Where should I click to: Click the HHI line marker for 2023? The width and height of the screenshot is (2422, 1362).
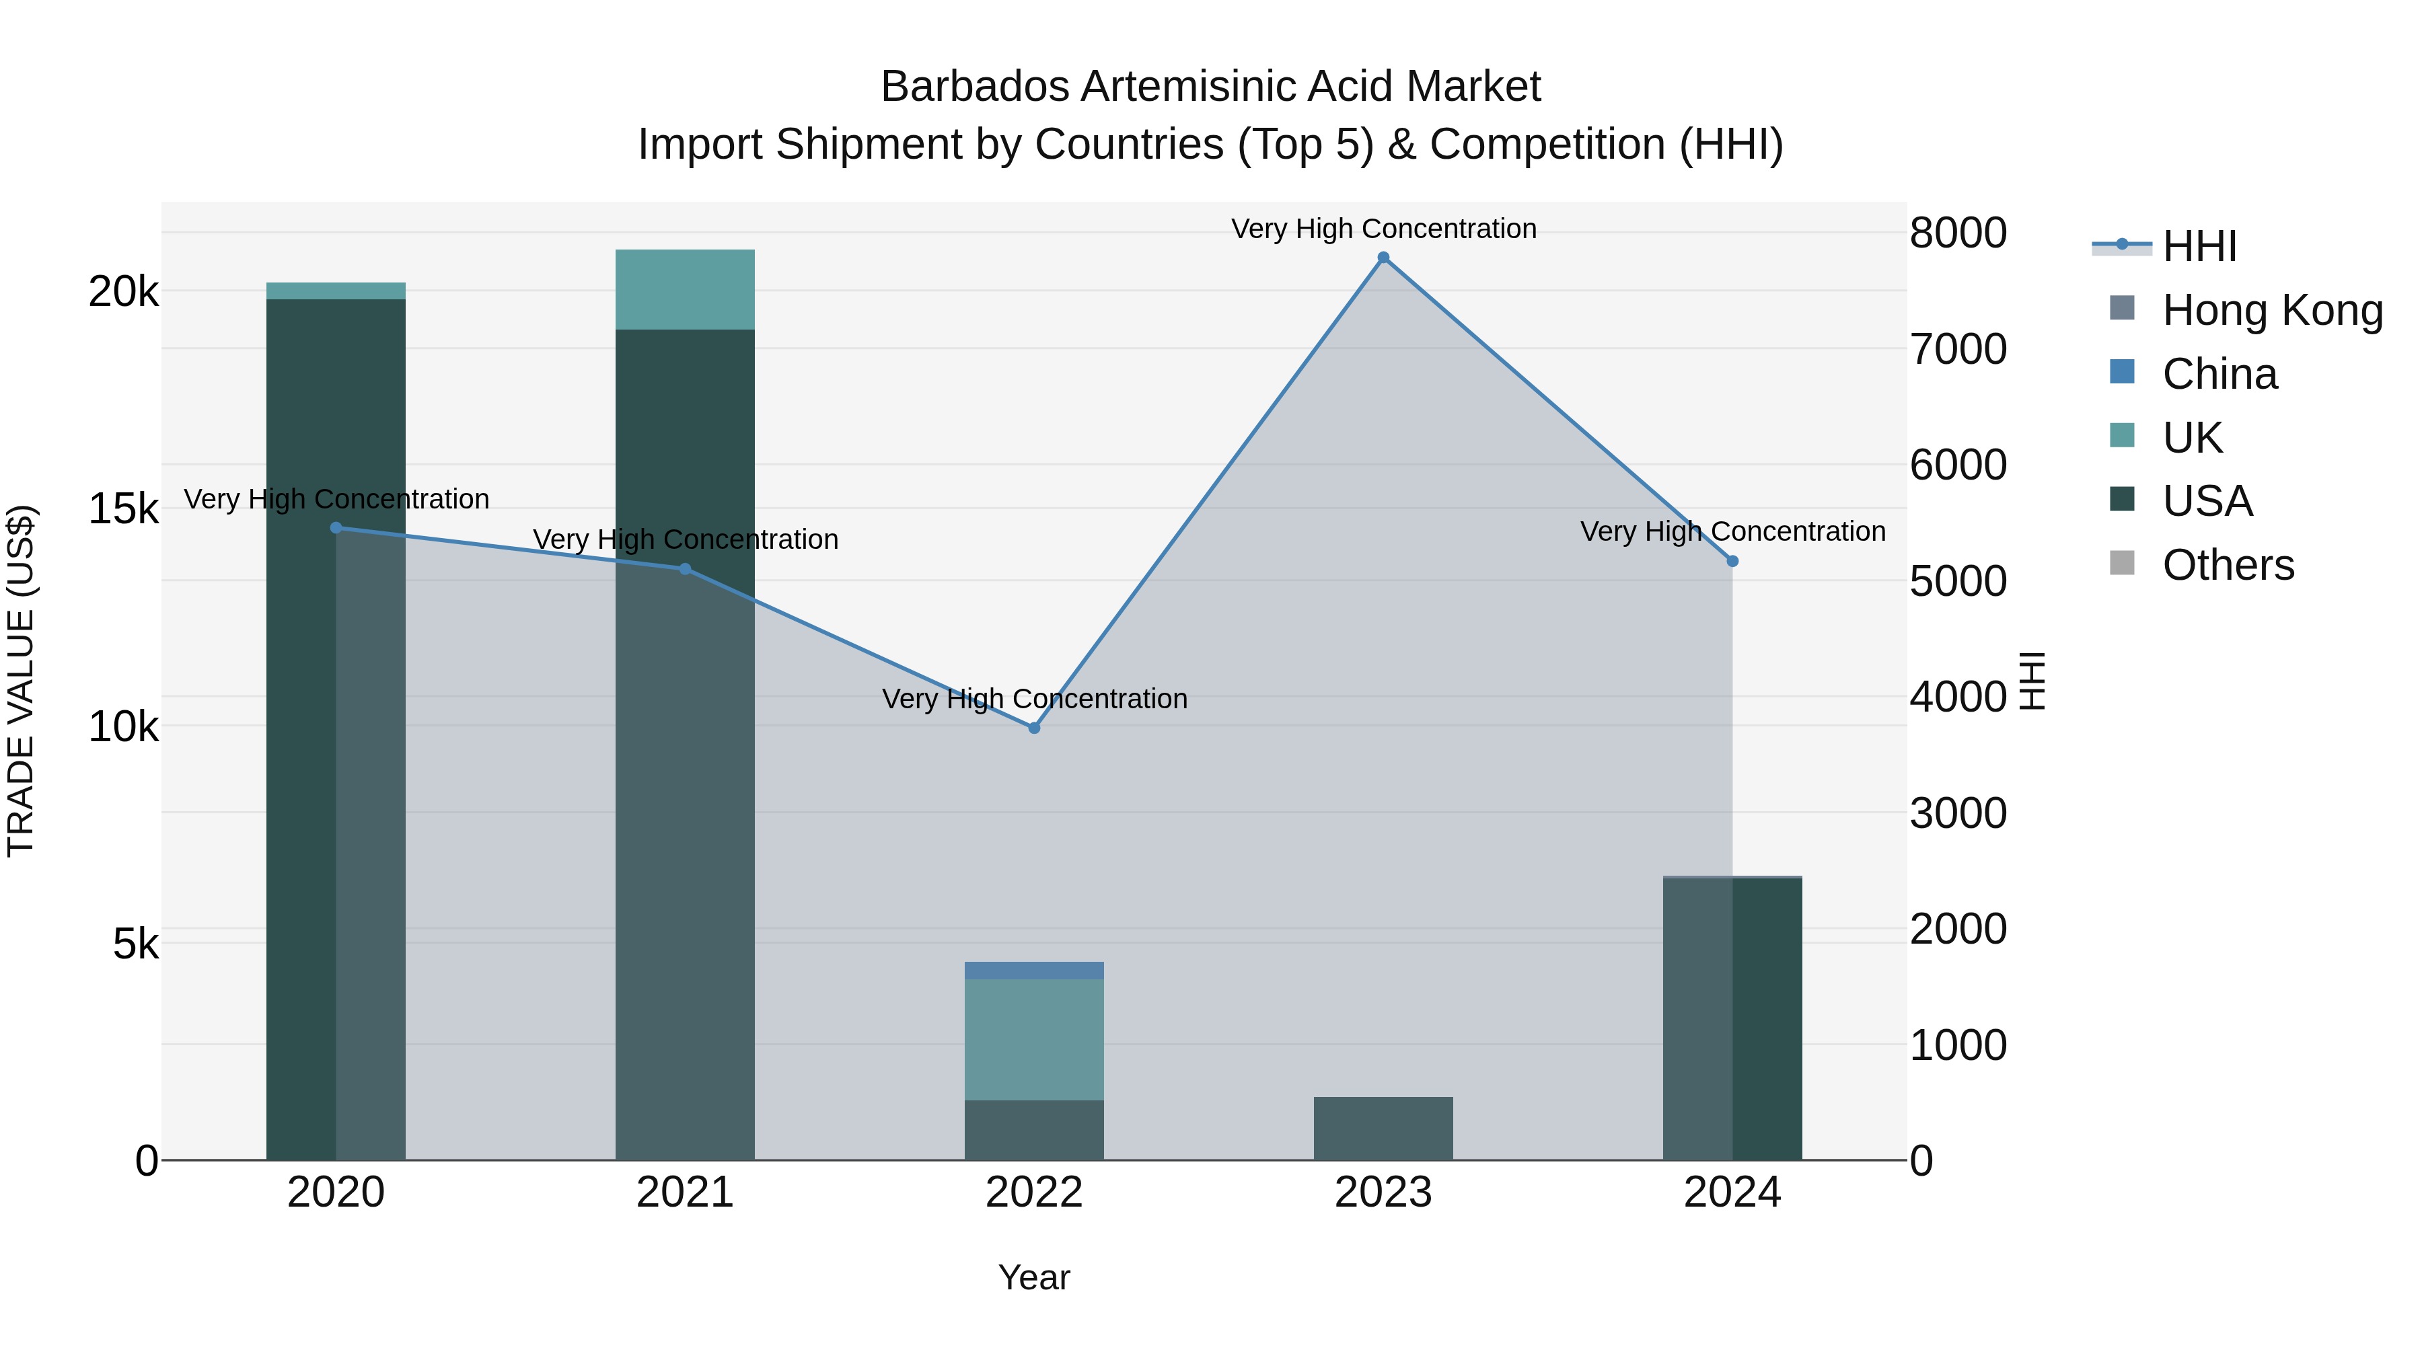pyautogui.click(x=1383, y=258)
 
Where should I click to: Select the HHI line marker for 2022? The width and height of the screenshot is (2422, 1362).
pyautogui.click(x=1034, y=728)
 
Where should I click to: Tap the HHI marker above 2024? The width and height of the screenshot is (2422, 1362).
pyautogui.click(x=1733, y=561)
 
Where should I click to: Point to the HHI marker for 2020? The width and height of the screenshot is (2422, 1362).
pyautogui.click(x=336, y=528)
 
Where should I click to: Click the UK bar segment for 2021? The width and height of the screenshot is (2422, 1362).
pyautogui.click(x=684, y=289)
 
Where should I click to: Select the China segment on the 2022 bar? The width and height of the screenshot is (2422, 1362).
pyautogui.click(x=1034, y=970)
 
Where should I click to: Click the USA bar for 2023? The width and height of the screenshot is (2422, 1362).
pyautogui.click(x=1383, y=1128)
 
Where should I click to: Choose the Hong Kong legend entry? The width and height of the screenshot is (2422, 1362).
pyautogui.click(x=2271, y=310)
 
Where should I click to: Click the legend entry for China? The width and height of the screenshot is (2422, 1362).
pyautogui.click(x=2219, y=374)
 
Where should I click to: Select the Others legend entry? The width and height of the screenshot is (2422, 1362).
pyautogui.click(x=2228, y=565)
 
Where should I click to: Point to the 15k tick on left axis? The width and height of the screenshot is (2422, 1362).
pyautogui.click(x=124, y=509)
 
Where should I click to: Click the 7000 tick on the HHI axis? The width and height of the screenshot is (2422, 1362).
pyautogui.click(x=1958, y=348)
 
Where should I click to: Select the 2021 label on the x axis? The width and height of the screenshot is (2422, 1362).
pyautogui.click(x=684, y=1193)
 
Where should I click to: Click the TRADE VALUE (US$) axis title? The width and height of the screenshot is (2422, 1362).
pyautogui.click(x=21, y=681)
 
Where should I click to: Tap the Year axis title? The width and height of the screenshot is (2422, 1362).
pyautogui.click(x=1033, y=1277)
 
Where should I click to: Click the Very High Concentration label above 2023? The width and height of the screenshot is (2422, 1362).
pyautogui.click(x=1383, y=229)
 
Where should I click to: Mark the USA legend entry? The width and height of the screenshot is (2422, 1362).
pyautogui.click(x=2207, y=501)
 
